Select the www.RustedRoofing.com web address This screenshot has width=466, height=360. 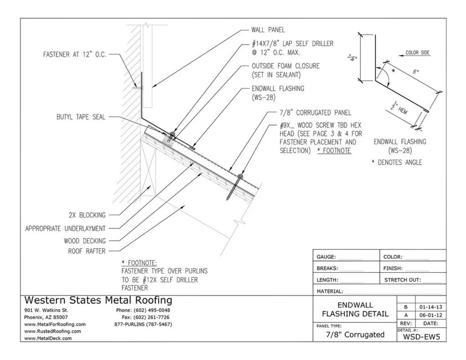coord(53,331)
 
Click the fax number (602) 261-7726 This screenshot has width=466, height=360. coord(149,317)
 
